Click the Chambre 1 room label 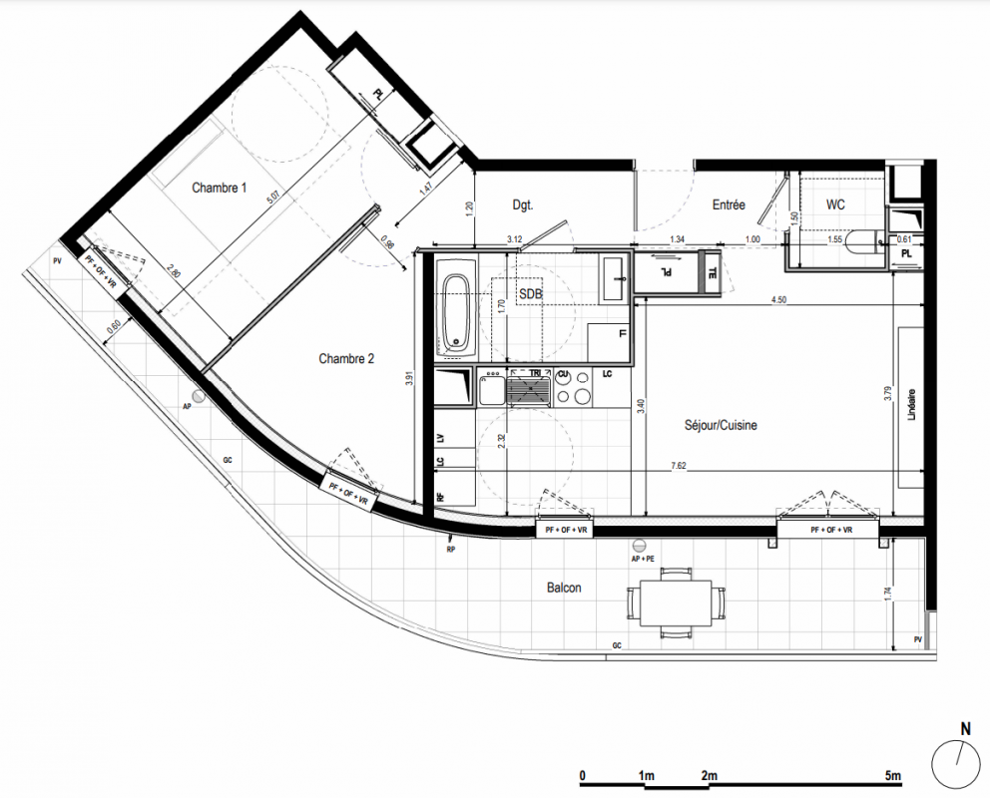[220, 188]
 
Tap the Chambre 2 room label [346, 359]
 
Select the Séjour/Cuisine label [721, 425]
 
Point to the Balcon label [564, 588]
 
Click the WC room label [834, 205]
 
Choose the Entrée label [729, 205]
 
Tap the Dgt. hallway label [523, 205]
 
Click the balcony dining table [677, 603]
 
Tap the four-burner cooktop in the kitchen [573, 387]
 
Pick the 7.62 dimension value [678, 466]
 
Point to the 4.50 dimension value [779, 300]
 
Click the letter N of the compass [965, 729]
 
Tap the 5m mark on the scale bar [893, 775]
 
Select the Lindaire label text [911, 404]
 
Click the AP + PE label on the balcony [643, 559]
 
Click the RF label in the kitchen [441, 497]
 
